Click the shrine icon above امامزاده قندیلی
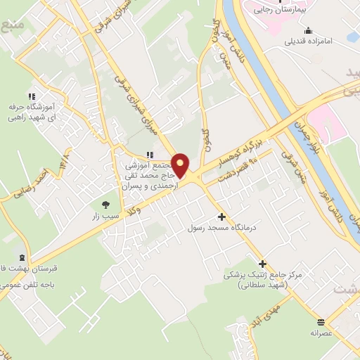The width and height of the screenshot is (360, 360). click(307, 30)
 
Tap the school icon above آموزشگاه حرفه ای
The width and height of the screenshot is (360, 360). click(31, 96)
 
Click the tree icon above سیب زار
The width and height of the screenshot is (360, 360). click(105, 205)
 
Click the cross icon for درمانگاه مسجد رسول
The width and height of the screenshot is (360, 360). click(222, 217)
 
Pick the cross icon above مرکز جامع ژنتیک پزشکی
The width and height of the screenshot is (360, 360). click(263, 263)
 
